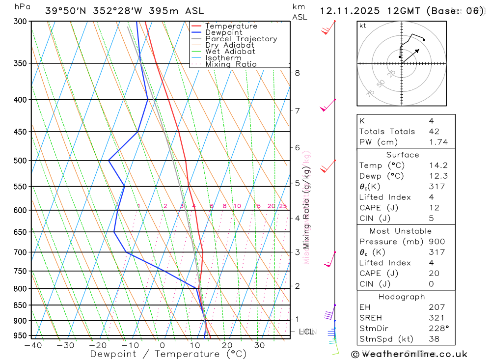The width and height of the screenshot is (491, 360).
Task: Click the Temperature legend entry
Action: (231, 26)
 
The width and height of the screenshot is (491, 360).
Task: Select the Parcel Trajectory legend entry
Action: (241, 39)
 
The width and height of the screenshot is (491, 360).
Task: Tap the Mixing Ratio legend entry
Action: (231, 64)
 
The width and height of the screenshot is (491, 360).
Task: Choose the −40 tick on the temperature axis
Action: (32, 345)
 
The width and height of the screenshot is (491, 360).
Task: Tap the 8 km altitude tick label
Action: (297, 73)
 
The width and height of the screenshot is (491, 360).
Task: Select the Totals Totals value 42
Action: (434, 132)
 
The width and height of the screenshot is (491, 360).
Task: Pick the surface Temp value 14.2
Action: (438, 166)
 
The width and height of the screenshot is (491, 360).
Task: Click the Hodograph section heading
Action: (402, 297)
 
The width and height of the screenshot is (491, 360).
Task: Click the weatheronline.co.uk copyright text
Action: (410, 354)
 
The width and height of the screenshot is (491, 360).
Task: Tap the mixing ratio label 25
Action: (283, 206)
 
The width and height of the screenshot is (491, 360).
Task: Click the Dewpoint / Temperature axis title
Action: (168, 354)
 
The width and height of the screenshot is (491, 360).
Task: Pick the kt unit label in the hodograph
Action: (363, 26)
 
